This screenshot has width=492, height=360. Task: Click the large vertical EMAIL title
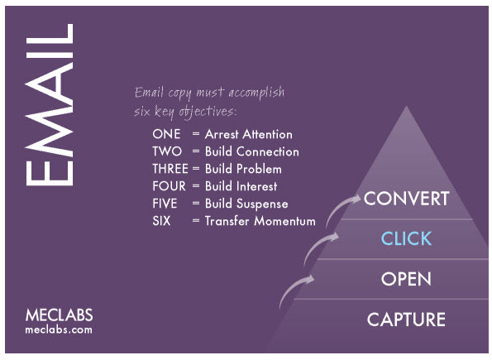[49, 104]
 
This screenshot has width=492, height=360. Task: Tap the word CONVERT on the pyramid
[406, 199]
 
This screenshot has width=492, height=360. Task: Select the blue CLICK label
[406, 239]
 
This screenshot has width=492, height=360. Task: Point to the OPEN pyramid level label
[406, 279]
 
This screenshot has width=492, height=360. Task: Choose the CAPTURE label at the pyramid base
[406, 319]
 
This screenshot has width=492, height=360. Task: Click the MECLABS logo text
[59, 315]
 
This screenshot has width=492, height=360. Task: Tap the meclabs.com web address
[59, 329]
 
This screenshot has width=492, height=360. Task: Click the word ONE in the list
[166, 134]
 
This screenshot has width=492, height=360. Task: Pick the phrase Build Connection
[251, 151]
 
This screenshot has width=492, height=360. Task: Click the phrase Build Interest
[241, 186]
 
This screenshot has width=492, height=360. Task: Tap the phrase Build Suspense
[246, 204]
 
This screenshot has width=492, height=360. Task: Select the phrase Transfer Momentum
[260, 221]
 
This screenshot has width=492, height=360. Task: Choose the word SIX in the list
[162, 221]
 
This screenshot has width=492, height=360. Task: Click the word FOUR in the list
[169, 186]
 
